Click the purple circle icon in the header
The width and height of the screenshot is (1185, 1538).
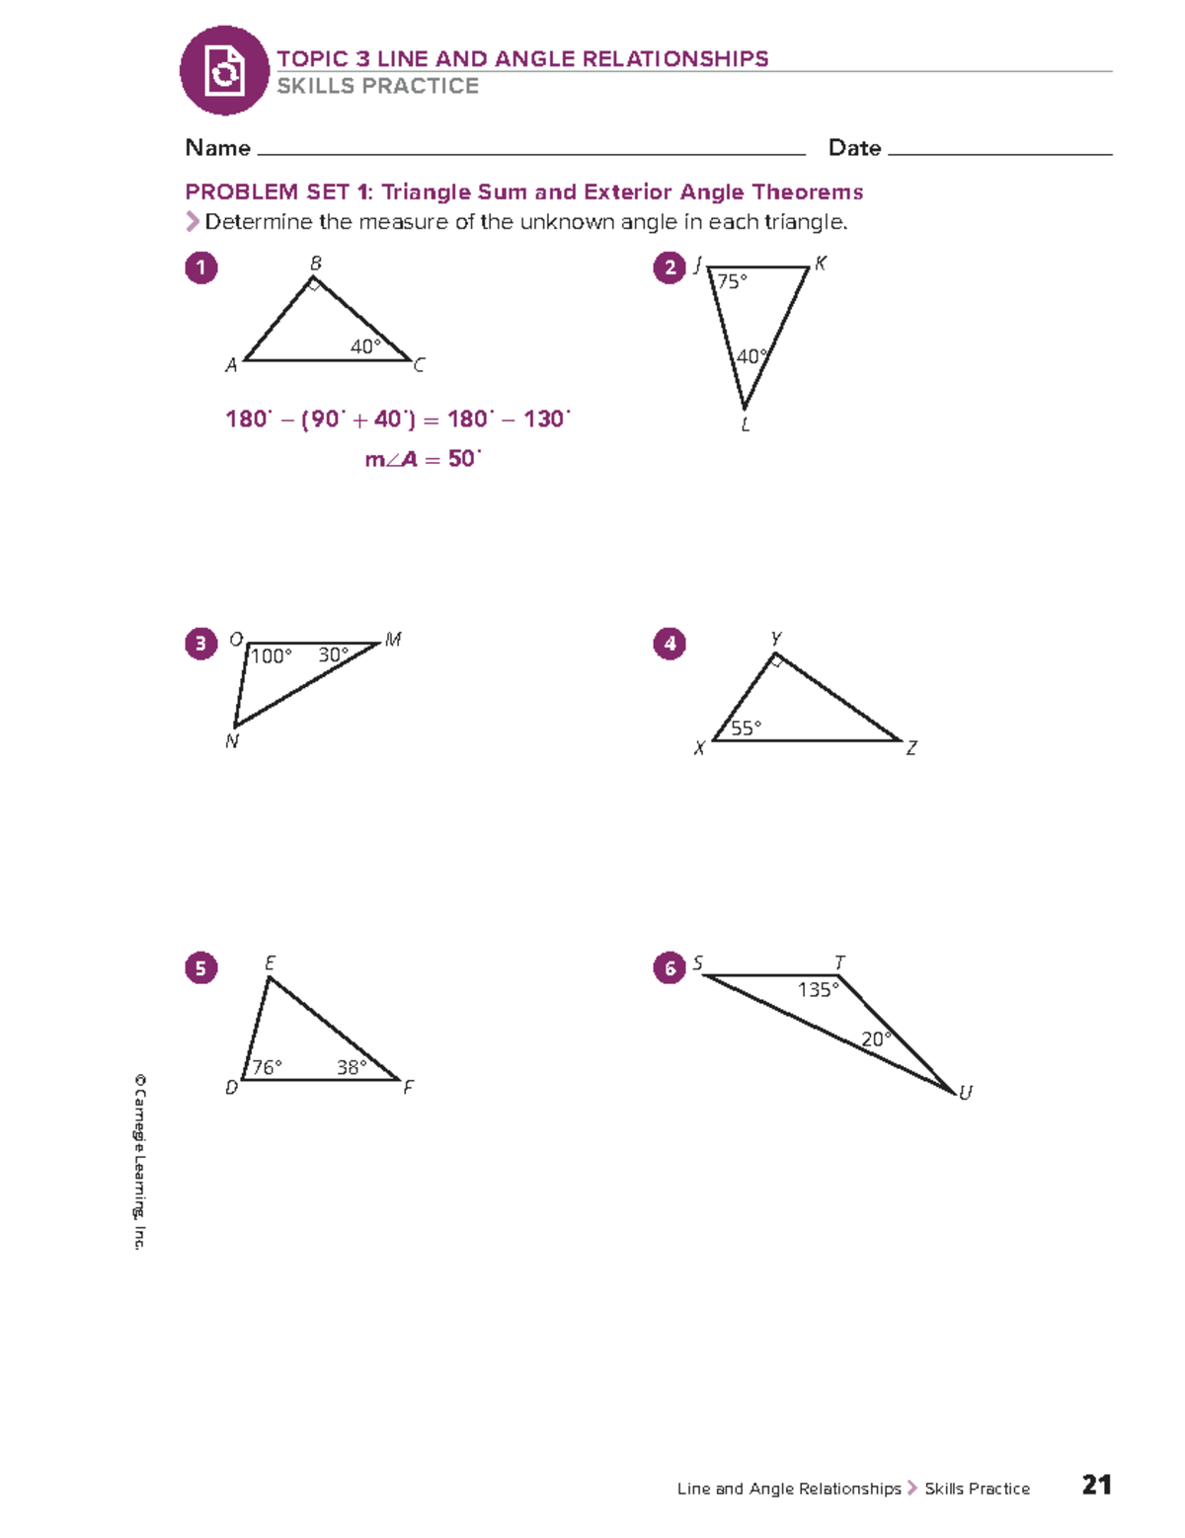(x=224, y=71)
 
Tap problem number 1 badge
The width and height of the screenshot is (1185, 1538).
(x=201, y=268)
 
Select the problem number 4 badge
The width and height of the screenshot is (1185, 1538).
(x=670, y=644)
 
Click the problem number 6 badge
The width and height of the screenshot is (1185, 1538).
(x=670, y=967)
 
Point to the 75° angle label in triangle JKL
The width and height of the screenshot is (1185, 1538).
(x=732, y=281)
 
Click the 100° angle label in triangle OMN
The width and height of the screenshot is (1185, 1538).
(x=271, y=655)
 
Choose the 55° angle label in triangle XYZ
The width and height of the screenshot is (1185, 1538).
(x=746, y=728)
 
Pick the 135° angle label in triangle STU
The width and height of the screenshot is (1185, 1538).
(x=818, y=989)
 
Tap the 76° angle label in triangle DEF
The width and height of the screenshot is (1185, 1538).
(x=267, y=1067)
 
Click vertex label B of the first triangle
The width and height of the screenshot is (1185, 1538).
(x=316, y=264)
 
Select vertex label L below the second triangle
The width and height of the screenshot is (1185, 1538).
(x=746, y=425)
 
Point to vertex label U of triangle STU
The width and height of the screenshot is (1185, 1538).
(x=965, y=1093)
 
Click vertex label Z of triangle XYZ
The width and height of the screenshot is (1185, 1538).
(x=911, y=748)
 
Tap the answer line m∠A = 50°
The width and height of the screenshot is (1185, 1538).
(x=423, y=459)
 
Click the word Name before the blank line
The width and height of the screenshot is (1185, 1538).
(x=217, y=148)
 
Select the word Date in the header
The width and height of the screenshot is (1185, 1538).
(x=854, y=148)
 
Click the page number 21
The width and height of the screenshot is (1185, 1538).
(x=1096, y=1485)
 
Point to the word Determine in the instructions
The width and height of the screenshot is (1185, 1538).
(x=258, y=222)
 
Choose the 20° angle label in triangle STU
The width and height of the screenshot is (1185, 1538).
(x=875, y=1038)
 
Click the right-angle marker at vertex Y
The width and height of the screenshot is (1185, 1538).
(x=777, y=661)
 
